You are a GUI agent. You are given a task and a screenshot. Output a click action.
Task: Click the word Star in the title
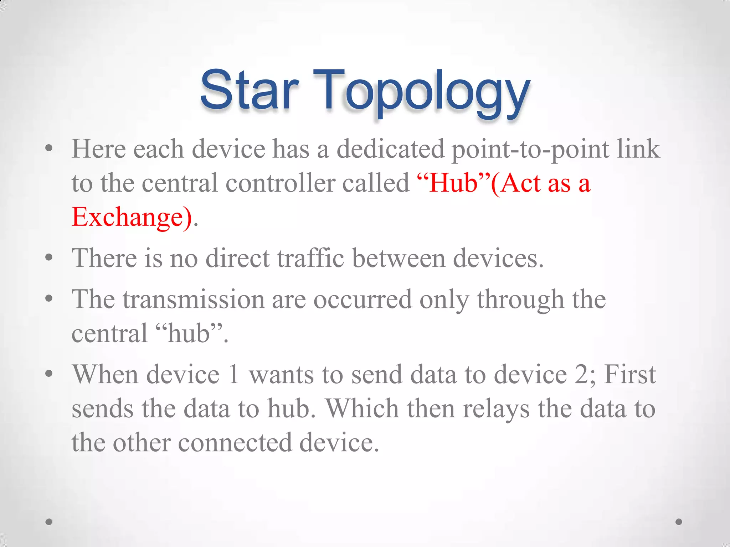[249, 90]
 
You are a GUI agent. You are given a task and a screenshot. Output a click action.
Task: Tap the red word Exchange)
[132, 217]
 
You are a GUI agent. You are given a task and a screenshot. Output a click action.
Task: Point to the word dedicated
[391, 149]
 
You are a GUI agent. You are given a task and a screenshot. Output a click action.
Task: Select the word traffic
[310, 258]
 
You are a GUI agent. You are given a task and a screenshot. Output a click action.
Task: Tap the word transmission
[194, 299]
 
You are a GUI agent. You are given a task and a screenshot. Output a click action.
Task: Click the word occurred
[362, 299]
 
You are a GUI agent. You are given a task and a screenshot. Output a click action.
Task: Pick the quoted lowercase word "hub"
[189, 334]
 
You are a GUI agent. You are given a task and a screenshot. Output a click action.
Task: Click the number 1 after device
[234, 375]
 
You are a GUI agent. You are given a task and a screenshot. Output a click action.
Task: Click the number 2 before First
[581, 375]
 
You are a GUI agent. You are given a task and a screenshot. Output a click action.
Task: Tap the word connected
[235, 443]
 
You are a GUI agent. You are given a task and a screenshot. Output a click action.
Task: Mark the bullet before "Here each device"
[49, 148]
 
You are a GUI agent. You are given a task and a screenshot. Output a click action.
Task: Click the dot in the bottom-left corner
[49, 522]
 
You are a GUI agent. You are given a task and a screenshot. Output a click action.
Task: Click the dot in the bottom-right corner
[679, 522]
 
